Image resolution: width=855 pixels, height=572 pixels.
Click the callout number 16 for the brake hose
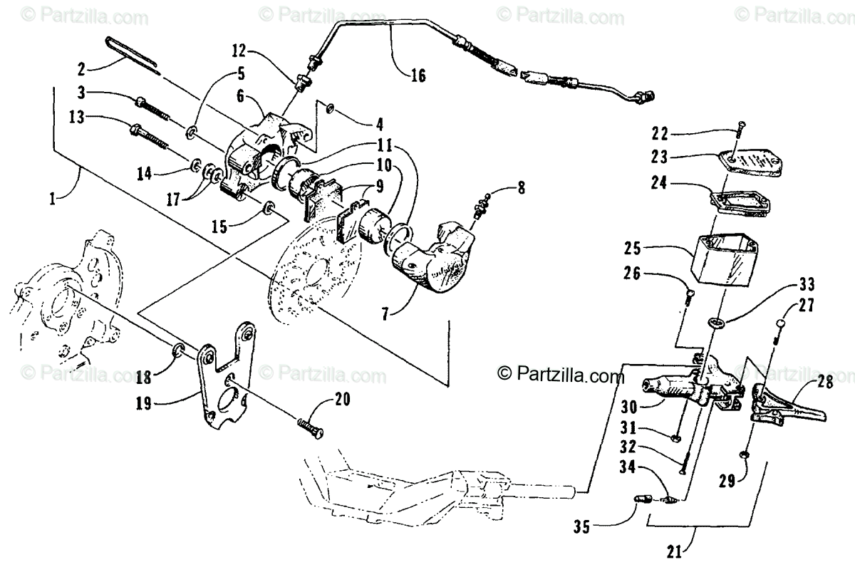[x=418, y=74]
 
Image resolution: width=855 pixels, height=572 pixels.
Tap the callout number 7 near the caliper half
[x=384, y=313]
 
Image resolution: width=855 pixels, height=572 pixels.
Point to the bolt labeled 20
[x=308, y=427]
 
